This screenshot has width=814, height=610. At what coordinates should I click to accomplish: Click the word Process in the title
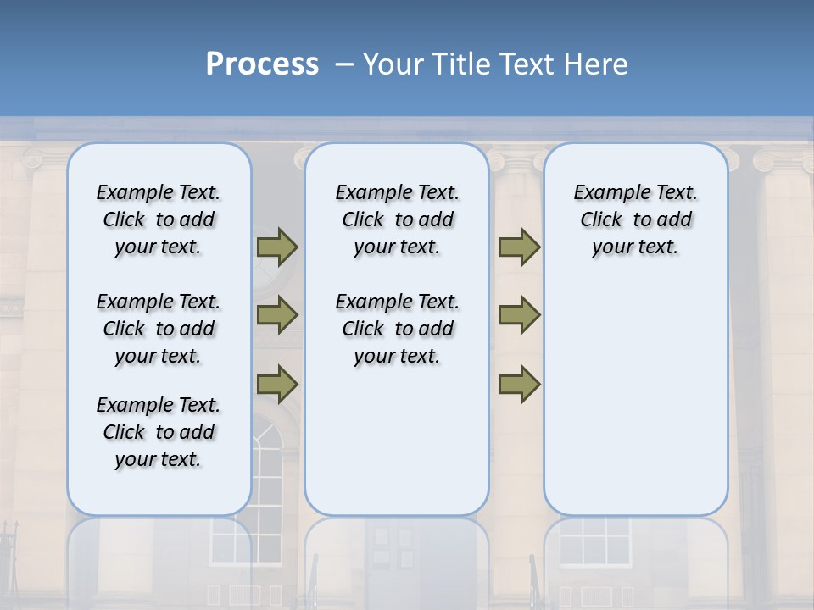tap(262, 64)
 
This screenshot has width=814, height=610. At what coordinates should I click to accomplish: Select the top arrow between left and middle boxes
tap(277, 247)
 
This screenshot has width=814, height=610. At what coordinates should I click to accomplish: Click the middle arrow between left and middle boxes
tap(277, 315)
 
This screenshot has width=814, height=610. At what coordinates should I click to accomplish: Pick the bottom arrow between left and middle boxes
tap(277, 384)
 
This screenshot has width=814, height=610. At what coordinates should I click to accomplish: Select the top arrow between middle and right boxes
tap(519, 247)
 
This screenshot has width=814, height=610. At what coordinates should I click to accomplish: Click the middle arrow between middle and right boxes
tap(519, 315)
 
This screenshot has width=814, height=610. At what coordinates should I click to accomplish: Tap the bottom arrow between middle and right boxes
tap(519, 384)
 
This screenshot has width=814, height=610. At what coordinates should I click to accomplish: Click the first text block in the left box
tap(159, 219)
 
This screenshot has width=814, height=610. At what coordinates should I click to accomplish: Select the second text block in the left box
tap(159, 329)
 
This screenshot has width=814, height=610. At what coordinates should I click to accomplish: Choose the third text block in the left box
tap(159, 432)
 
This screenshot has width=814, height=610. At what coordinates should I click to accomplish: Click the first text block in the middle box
tap(398, 219)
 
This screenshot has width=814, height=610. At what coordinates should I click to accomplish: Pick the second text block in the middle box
tap(398, 329)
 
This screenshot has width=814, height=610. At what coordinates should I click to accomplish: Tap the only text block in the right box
tap(636, 219)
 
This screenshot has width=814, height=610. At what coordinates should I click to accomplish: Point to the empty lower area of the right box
tap(636, 398)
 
